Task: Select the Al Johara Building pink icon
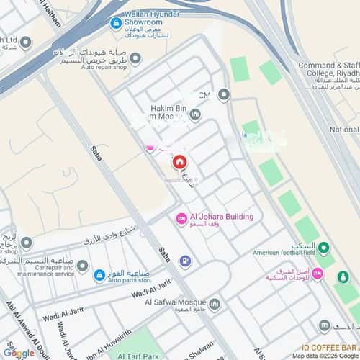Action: [181, 217]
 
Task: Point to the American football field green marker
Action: [324, 249]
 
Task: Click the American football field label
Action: [284, 253]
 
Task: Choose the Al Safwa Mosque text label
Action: [174, 302]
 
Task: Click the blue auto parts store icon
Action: [100, 274]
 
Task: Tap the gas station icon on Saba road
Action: [185, 260]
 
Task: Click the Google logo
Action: [18, 353]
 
